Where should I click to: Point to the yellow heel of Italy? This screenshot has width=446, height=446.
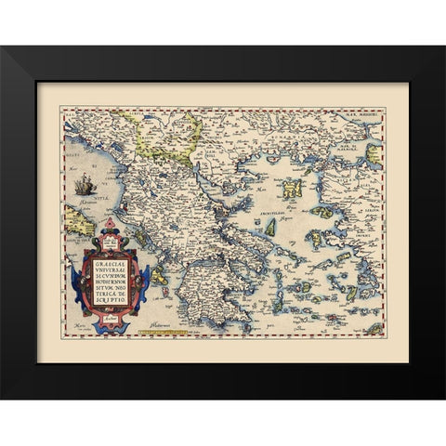click(76, 218)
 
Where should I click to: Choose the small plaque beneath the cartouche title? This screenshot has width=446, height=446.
click(116, 312)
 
